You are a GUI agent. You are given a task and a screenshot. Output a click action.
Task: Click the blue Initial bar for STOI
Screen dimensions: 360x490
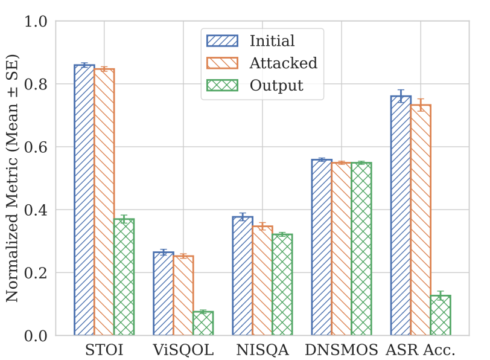[84, 200]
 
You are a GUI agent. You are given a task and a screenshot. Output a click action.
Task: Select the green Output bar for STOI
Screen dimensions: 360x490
[124, 277]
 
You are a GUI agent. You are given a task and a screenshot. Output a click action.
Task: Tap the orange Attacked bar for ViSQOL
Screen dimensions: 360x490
[183, 295]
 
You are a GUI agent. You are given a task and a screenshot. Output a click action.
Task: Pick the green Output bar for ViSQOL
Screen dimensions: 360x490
[203, 323]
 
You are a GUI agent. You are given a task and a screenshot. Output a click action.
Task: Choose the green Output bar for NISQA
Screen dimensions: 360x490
[282, 284]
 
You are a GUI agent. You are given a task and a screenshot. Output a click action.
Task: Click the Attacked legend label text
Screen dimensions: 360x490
[283, 63]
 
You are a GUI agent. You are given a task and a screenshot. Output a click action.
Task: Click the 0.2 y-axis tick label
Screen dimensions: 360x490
[37, 273]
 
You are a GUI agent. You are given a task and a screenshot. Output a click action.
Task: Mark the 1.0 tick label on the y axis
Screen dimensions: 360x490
[37, 22]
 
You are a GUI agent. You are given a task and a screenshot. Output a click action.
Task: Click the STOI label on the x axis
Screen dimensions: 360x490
[104, 350]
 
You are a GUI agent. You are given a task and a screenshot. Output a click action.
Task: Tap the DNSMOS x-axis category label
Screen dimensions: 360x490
[341, 350]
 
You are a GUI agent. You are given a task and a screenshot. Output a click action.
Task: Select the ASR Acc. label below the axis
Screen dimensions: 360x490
[421, 350]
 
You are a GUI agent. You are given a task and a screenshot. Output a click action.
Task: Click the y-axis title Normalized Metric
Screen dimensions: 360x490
[12, 178]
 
